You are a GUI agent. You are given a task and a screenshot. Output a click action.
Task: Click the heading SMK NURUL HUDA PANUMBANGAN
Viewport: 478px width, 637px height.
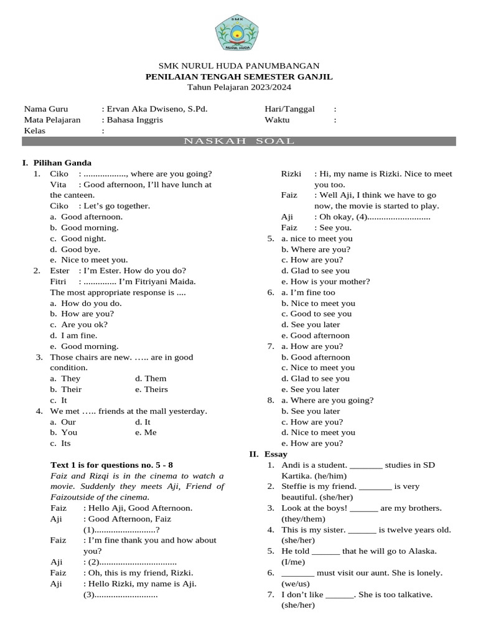point(239,65)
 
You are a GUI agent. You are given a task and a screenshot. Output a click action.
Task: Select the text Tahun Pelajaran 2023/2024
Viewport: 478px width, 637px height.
point(239,87)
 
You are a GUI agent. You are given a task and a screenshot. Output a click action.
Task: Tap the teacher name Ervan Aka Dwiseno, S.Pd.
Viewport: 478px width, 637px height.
point(157,109)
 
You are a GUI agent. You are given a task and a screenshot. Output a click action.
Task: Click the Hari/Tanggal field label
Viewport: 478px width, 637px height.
point(289,109)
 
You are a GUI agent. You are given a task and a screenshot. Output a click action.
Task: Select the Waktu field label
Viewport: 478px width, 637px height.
point(277,120)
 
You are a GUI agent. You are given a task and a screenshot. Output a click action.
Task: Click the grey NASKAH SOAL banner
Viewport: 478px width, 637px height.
point(239,141)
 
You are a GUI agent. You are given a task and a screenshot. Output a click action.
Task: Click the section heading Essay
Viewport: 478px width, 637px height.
point(274,454)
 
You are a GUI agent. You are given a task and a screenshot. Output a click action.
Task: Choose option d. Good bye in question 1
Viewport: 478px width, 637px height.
point(78,249)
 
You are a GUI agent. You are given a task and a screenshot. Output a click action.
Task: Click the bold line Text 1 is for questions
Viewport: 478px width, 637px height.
point(111,465)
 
